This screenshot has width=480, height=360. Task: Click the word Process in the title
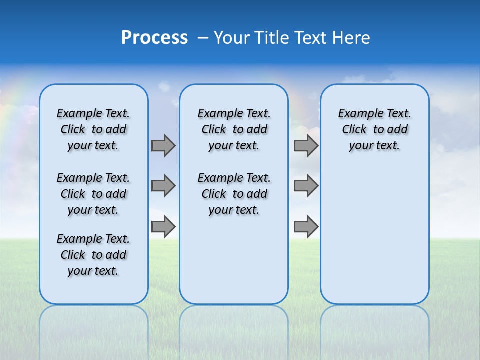coord(154,37)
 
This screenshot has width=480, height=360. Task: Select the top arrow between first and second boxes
coord(163,145)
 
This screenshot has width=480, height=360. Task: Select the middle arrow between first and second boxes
coord(163,186)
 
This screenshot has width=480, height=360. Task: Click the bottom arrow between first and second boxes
coord(163,227)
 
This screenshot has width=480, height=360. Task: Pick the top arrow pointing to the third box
coord(306,145)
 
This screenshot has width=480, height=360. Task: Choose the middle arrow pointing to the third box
coord(306,186)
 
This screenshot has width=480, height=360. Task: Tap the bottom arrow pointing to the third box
coord(306,227)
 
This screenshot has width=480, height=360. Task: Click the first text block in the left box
coord(93,129)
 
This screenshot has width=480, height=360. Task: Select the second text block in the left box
coord(93,194)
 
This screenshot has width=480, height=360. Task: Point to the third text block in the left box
coord(93,255)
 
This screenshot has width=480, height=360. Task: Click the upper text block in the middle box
coord(234,129)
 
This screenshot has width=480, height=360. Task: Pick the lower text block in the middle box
coord(234,194)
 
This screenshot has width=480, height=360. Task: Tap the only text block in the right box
coord(374,129)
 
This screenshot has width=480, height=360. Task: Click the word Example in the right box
coord(357,114)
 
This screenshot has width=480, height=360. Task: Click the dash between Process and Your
coord(203,38)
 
